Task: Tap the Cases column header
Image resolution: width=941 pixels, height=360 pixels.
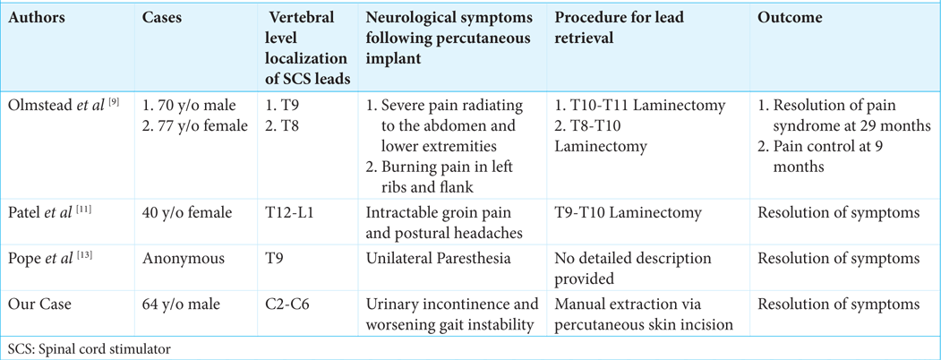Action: (x=161, y=18)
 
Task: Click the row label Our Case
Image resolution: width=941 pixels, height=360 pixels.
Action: (x=39, y=304)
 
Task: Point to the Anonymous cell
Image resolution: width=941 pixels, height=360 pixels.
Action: (x=176, y=257)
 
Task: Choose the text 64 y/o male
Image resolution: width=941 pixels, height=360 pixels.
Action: (x=181, y=304)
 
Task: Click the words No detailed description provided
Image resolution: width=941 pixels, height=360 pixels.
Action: (x=633, y=268)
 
